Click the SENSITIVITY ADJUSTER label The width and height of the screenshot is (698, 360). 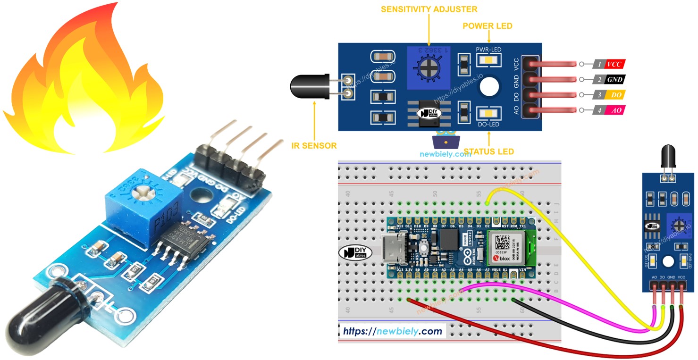click(429, 9)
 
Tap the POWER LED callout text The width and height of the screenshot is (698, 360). click(488, 26)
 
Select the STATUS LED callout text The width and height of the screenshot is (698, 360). click(488, 151)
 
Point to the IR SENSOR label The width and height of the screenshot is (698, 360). click(314, 145)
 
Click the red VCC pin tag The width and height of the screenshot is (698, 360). click(614, 64)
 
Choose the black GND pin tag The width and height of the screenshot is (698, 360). click(614, 79)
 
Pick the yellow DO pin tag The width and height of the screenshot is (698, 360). click(614, 95)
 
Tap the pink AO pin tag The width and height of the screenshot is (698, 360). click(614, 110)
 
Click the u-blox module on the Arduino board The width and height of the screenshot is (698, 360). click(507, 247)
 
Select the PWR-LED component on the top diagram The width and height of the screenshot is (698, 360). click(488, 60)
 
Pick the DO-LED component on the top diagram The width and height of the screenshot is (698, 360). click(488, 114)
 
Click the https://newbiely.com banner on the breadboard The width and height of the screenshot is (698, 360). click(393, 331)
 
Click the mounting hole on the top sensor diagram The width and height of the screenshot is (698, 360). click(489, 87)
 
